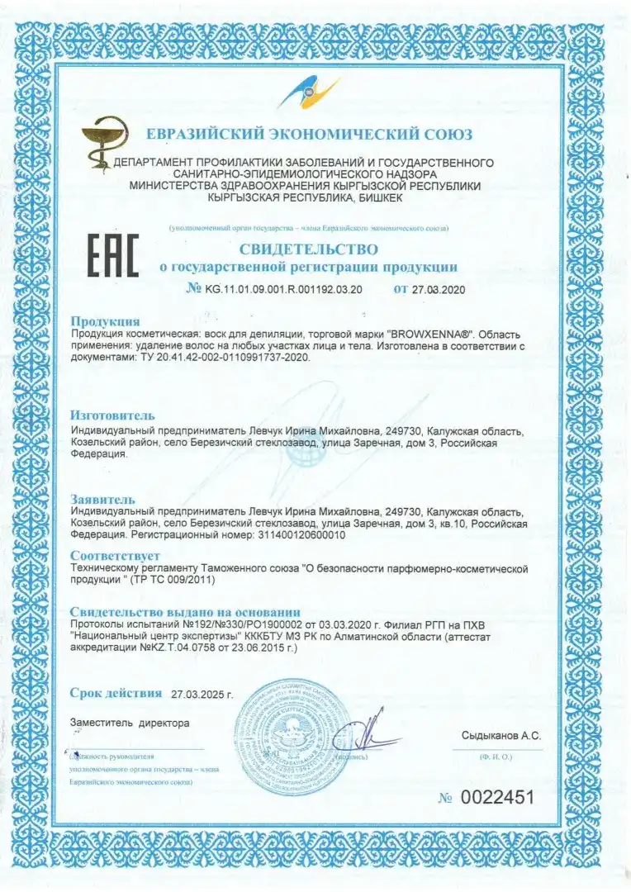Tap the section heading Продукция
pos(105,320)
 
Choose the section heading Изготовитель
pos(112,415)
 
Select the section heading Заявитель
pos(102,499)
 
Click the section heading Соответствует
pos(115,556)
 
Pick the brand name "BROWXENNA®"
pos(428,333)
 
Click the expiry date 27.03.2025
pos(202,694)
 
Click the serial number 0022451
pos(497,798)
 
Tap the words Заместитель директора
pos(130,723)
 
